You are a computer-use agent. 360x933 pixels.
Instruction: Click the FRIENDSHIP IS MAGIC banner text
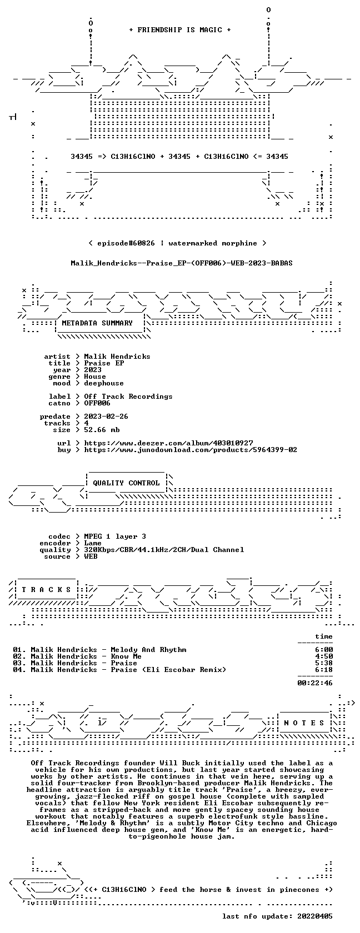pos(180,30)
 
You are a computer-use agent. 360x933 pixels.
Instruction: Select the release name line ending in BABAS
pos(182,263)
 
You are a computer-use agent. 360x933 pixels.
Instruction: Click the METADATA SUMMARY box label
pos(97,323)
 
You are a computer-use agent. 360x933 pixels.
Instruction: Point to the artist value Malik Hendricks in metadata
pos(117,357)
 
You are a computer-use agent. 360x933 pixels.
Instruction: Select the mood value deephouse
pos(104,383)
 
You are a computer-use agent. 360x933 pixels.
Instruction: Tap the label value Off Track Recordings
pos(128,397)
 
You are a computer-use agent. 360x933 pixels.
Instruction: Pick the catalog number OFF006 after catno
pos(97,403)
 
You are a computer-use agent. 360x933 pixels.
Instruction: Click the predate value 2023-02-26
pos(106,417)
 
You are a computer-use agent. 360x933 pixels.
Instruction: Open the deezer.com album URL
pos(168,443)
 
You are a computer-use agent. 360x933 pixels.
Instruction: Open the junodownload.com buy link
pos(191,450)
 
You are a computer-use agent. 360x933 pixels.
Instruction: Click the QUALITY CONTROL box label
pos(126,483)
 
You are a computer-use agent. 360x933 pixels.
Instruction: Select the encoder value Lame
pos(92,543)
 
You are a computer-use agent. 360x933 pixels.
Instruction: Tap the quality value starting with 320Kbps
pos(164,550)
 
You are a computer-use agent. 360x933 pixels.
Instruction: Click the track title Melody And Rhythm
pos(148,650)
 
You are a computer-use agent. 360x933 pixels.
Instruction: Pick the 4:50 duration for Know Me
pos(324,656)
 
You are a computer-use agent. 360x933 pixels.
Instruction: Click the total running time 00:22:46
pos(315,683)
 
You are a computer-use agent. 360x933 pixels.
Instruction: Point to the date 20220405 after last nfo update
pos(315,916)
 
